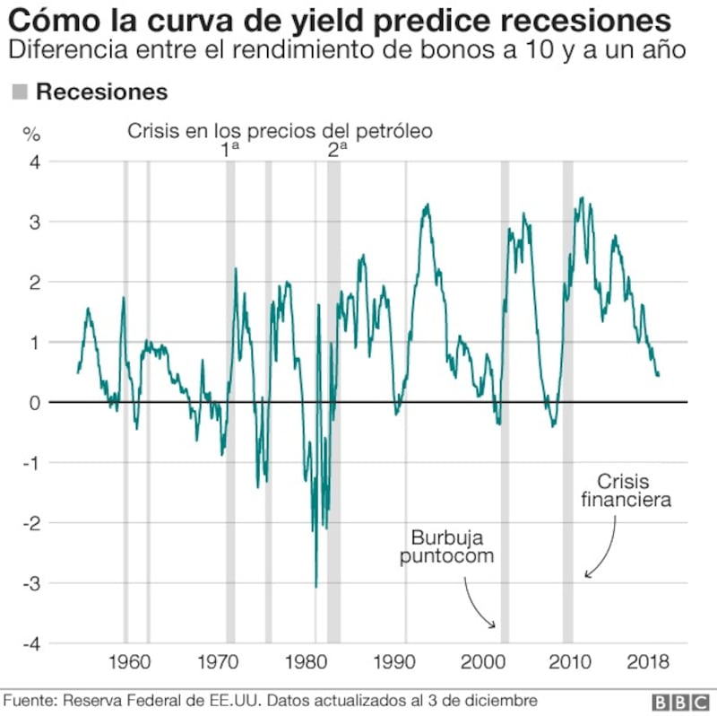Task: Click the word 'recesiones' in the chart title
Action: [586, 21]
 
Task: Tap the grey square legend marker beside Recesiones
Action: [20, 92]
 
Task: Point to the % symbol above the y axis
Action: [31, 135]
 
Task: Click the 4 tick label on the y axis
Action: [35, 162]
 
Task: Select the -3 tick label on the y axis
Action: [31, 584]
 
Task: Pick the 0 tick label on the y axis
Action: [35, 403]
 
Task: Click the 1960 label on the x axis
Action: [129, 662]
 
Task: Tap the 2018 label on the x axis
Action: [648, 662]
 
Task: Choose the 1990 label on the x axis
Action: [394, 662]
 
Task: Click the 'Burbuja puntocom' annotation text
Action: [446, 546]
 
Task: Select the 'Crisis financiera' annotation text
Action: [626, 490]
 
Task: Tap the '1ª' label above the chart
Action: [230, 149]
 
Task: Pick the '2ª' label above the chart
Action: [337, 149]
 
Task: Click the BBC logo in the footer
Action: [680, 703]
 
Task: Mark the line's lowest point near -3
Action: [316, 588]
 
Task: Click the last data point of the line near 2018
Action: [659, 375]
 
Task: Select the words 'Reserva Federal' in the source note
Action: [133, 701]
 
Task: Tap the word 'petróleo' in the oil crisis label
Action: [394, 131]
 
